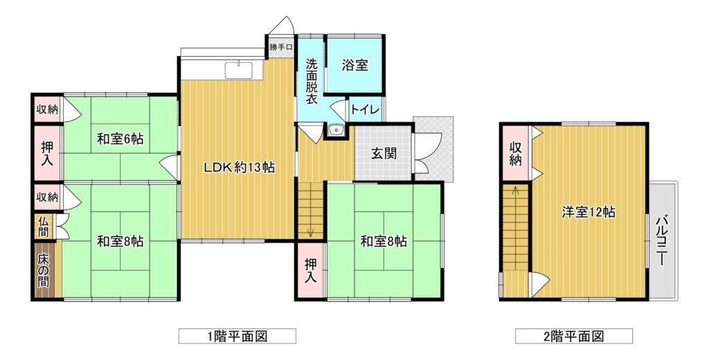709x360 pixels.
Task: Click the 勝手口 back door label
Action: click(281, 47)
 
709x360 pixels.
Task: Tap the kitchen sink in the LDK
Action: click(238, 70)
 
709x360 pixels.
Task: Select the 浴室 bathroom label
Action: click(354, 66)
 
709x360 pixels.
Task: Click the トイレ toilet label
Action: click(366, 110)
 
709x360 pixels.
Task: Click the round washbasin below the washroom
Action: click(336, 130)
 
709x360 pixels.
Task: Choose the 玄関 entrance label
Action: click(384, 154)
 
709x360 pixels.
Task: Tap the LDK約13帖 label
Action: click(238, 168)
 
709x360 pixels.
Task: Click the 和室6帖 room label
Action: click(120, 139)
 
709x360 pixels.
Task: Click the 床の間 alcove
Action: click(44, 270)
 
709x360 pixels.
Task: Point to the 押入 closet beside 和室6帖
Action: click(47, 153)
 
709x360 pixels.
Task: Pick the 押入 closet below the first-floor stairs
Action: click(310, 270)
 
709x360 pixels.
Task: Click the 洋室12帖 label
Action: click(589, 212)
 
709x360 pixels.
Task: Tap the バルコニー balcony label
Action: click(663, 240)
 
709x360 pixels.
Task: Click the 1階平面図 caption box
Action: click(237, 336)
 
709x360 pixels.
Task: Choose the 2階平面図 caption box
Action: click(574, 336)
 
